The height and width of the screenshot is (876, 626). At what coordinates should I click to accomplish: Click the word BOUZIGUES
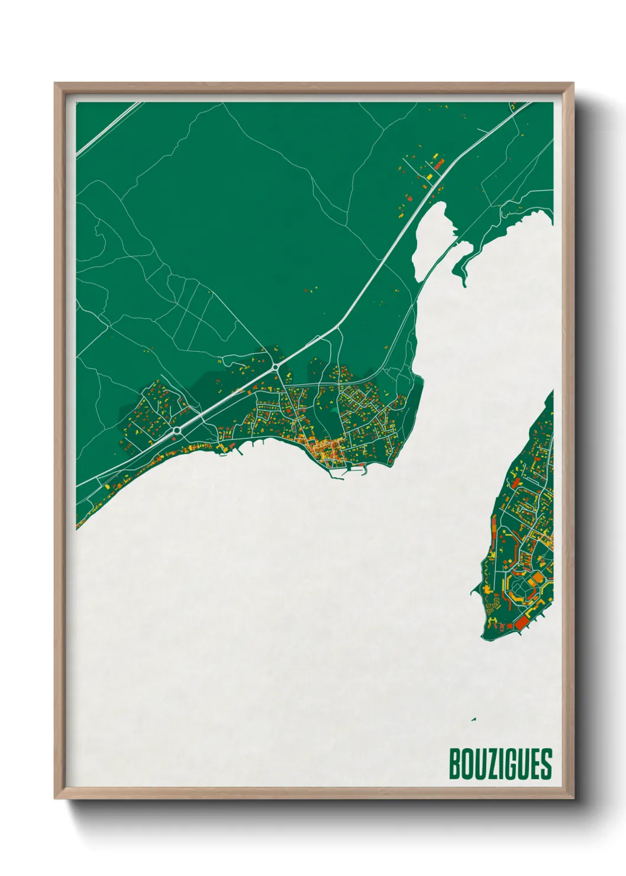[x=500, y=764]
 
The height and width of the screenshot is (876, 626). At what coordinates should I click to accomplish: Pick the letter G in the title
[x=512, y=764]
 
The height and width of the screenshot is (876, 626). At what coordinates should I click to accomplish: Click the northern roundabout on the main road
[x=276, y=368]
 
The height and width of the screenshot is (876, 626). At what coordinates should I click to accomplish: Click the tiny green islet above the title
[x=473, y=720]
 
